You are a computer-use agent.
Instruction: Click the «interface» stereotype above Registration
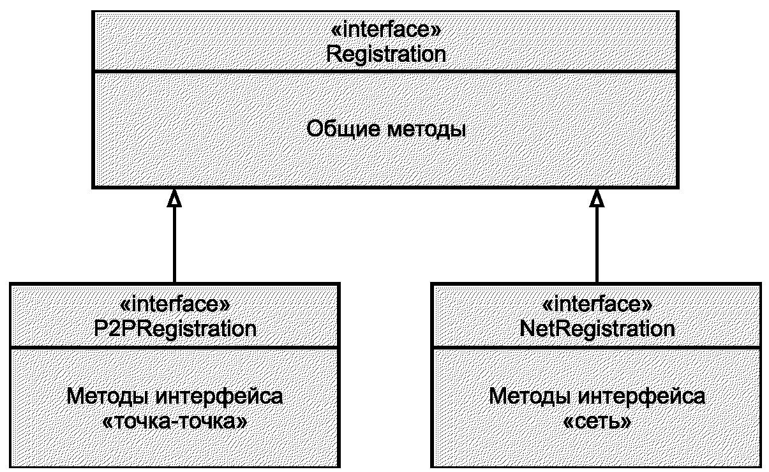pyautogui.click(x=385, y=29)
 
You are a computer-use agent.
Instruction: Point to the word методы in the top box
pyautogui.click(x=427, y=131)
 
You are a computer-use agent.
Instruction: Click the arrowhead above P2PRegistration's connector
pyautogui.click(x=174, y=198)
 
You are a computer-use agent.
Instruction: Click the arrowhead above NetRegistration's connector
pyautogui.click(x=597, y=198)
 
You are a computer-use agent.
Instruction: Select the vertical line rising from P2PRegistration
pyautogui.click(x=174, y=245)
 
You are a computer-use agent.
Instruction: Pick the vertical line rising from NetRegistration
pyautogui.click(x=597, y=245)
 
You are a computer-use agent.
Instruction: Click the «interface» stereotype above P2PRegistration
pyautogui.click(x=175, y=304)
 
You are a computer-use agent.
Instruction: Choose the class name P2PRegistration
pyautogui.click(x=175, y=329)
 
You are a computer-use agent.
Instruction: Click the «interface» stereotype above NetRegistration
pyautogui.click(x=597, y=304)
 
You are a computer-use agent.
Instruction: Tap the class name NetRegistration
pyautogui.click(x=597, y=329)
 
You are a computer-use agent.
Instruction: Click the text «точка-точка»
pyautogui.click(x=175, y=422)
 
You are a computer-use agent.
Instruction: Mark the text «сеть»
pyautogui.click(x=597, y=422)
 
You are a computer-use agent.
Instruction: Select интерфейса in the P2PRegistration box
pyautogui.click(x=220, y=397)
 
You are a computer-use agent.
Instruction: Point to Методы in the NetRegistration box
pyautogui.click(x=530, y=397)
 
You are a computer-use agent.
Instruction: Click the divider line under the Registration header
pyautogui.click(x=385, y=71)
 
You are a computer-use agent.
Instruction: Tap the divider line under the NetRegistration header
pyautogui.click(x=596, y=348)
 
